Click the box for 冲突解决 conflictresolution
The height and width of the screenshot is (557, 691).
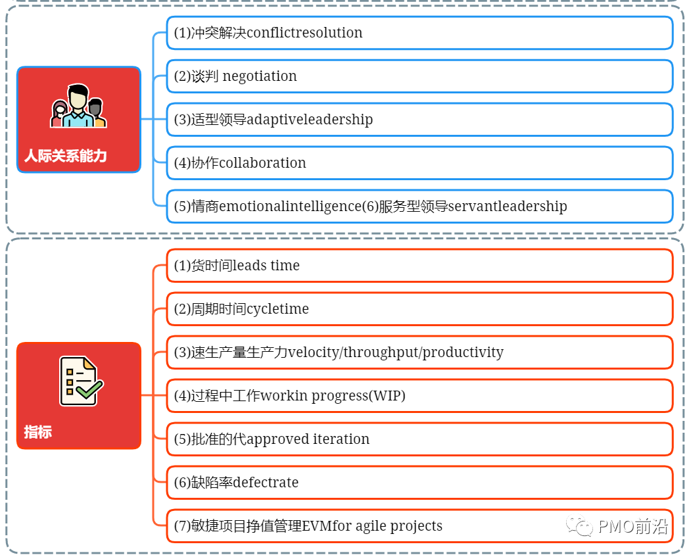419,33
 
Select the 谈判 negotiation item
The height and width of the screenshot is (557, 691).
419,76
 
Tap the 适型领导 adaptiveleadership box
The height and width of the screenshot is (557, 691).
419,120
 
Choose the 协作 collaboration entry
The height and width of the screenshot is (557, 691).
419,163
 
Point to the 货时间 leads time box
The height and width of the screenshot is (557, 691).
419,266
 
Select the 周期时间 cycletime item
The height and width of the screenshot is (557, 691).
419,309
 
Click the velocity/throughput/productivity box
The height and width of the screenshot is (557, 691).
419,352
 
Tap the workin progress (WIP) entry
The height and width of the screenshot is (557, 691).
419,396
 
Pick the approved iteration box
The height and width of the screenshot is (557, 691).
419,439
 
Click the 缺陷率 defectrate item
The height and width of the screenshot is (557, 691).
419,483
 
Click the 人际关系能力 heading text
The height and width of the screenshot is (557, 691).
65,156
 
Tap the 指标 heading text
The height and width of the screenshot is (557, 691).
37,432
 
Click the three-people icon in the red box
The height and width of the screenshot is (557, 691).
79,107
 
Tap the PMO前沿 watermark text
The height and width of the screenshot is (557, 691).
632,527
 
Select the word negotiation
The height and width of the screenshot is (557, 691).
260,76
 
